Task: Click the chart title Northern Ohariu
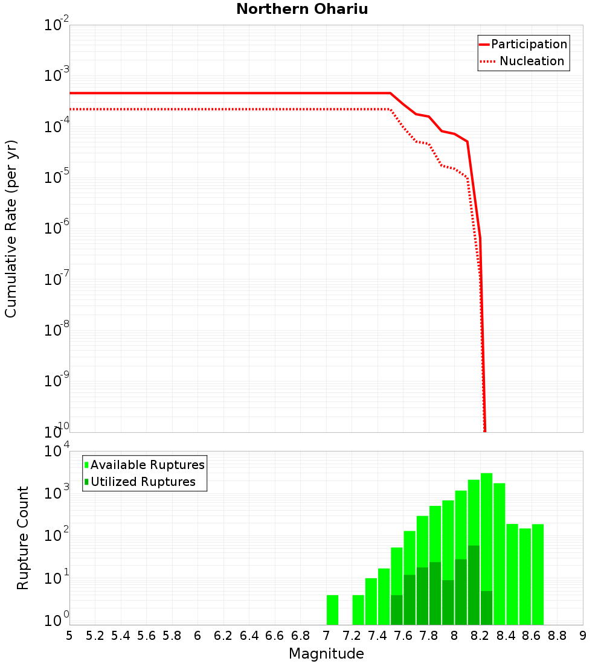coord(302,9)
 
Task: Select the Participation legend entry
coord(529,44)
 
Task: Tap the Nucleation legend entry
coord(532,61)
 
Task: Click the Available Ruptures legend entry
coord(147,465)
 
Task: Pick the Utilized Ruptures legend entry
coord(143,482)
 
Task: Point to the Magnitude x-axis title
coord(326,654)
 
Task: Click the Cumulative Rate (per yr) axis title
coord(11,228)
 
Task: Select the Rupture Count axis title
coord(23,537)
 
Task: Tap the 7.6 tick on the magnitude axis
coord(403,636)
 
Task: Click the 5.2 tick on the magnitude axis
coord(95,636)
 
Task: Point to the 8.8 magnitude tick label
coord(557,636)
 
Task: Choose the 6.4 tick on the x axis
coord(249,636)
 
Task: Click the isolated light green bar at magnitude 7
coord(332,610)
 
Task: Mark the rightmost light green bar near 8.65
coord(538,573)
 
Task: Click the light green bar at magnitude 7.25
coord(358,610)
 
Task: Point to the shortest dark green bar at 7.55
coord(396,610)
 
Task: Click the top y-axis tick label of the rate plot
coord(57,26)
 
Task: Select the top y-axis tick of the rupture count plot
coord(57,452)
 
